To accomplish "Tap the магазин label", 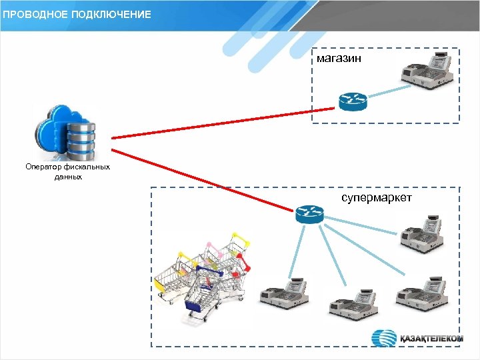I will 339,59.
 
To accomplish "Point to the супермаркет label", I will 377,199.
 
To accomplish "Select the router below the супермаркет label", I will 309,214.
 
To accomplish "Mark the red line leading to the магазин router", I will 220,123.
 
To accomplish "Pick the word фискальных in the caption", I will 85,167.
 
